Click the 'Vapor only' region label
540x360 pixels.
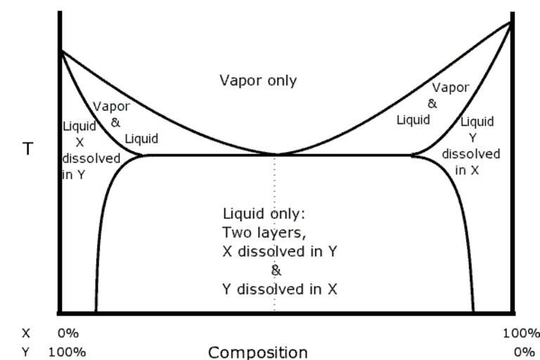tap(258, 81)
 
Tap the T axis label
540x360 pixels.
tap(27, 149)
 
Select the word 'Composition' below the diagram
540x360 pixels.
tap(258, 352)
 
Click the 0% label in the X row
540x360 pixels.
tap(68, 333)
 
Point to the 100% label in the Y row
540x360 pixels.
tap(67, 352)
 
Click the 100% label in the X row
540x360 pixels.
tap(522, 333)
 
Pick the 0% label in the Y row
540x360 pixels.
tap(524, 352)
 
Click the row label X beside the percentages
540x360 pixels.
tap(26, 333)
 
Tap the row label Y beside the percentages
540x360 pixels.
tap(25, 352)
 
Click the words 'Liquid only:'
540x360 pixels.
tap(264, 214)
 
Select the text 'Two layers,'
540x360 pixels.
tap(264, 233)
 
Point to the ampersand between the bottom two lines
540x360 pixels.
tap(276, 271)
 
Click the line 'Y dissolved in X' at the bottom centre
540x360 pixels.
tap(280, 289)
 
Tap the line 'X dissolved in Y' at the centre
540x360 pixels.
tap(280, 252)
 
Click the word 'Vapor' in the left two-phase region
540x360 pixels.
tap(111, 106)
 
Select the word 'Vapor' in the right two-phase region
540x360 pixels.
tap(451, 87)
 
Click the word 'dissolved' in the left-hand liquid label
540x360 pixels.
tap(91, 158)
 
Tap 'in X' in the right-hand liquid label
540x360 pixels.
tap(467, 170)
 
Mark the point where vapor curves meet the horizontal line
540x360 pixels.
tap(277, 155)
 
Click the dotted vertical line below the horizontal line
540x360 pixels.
tap(274, 234)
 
